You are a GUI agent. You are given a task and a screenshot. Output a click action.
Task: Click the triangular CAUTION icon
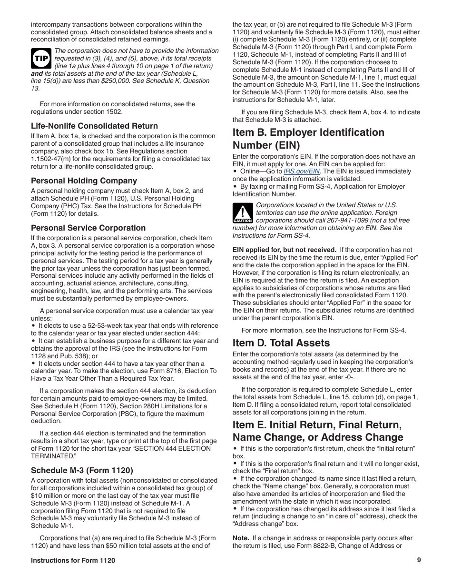coord(242,212)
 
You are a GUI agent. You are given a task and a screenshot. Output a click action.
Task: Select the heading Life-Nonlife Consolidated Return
coord(94,126)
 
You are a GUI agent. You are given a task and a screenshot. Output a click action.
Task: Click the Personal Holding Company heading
coord(84,181)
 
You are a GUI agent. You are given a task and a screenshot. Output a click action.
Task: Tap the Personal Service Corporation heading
coord(88,228)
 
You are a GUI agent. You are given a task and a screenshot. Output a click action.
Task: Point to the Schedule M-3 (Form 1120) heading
coord(82,470)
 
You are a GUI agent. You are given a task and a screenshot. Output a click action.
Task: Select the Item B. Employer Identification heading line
coord(308,132)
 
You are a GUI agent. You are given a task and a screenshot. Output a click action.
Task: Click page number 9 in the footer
coord(419,560)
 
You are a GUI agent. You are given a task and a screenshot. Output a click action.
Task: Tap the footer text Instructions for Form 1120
coord(73,561)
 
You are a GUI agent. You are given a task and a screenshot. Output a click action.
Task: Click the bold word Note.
coord(240,538)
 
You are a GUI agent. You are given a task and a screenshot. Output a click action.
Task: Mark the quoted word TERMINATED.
coord(54,456)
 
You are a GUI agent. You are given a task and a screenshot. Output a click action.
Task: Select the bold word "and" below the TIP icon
coord(37,74)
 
